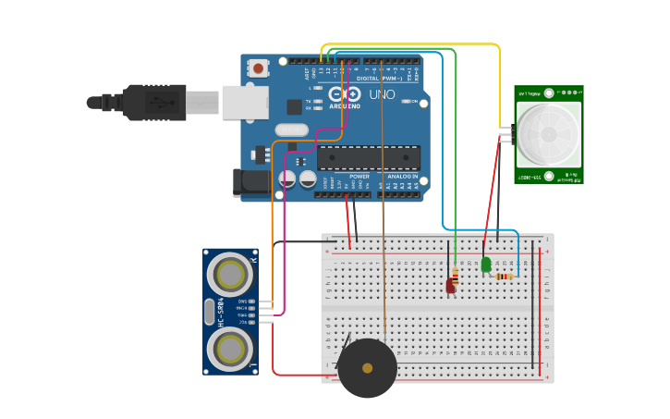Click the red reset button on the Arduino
pyautogui.click(x=258, y=68)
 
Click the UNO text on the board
pyautogui.click(x=382, y=94)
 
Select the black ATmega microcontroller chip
pyautogui.click(x=368, y=158)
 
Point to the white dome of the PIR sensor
pyautogui.click(x=549, y=134)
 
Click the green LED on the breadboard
pyautogui.click(x=486, y=265)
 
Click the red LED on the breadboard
pyautogui.click(x=451, y=286)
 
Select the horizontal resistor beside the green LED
pyautogui.click(x=504, y=276)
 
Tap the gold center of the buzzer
pyautogui.click(x=367, y=368)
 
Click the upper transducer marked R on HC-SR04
pyautogui.click(x=230, y=275)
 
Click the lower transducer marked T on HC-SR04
pyautogui.click(x=230, y=348)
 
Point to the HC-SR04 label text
pyautogui.click(x=221, y=313)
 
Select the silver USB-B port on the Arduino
pyautogui.click(x=244, y=102)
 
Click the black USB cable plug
pyautogui.click(x=157, y=102)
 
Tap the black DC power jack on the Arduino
pyautogui.click(x=251, y=182)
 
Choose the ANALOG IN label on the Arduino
pyautogui.click(x=402, y=176)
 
